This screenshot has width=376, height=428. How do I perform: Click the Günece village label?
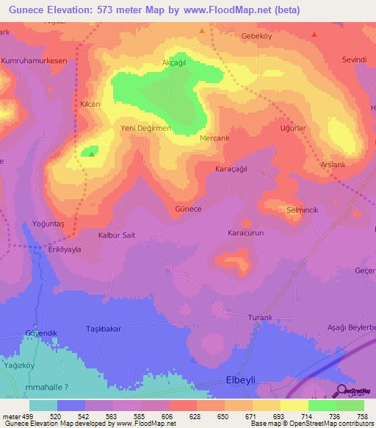click(188, 209)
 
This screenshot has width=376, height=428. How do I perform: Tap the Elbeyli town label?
click(239, 383)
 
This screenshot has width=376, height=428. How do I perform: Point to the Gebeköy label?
click(257, 35)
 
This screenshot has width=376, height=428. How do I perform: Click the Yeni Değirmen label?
click(145, 128)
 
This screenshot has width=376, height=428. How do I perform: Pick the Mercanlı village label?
click(215, 138)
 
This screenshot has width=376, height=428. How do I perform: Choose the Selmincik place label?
click(302, 210)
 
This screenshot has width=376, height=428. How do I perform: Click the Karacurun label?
click(245, 232)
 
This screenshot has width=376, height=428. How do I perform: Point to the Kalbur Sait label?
click(117, 235)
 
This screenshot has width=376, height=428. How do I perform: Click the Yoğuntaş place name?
click(48, 222)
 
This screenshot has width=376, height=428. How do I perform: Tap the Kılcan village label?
click(90, 104)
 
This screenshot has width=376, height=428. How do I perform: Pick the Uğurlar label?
click(292, 128)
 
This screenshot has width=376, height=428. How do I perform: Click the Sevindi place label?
click(354, 60)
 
